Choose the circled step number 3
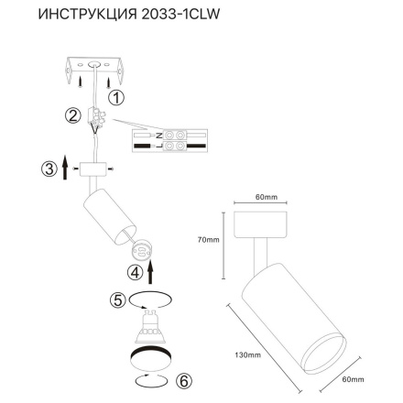49,169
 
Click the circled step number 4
136,271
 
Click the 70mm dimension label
209,241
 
